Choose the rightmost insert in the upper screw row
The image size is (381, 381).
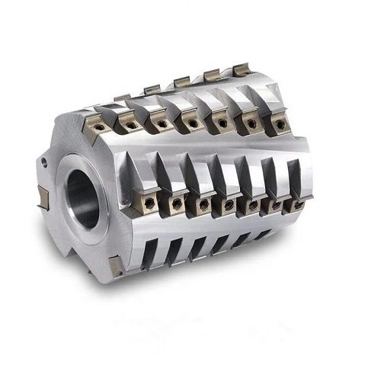(279, 120)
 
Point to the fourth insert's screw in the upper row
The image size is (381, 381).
(190, 122)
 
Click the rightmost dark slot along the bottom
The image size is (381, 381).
(257, 236)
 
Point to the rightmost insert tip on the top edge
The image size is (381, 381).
(241, 69)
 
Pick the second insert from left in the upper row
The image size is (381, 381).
(130, 123)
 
